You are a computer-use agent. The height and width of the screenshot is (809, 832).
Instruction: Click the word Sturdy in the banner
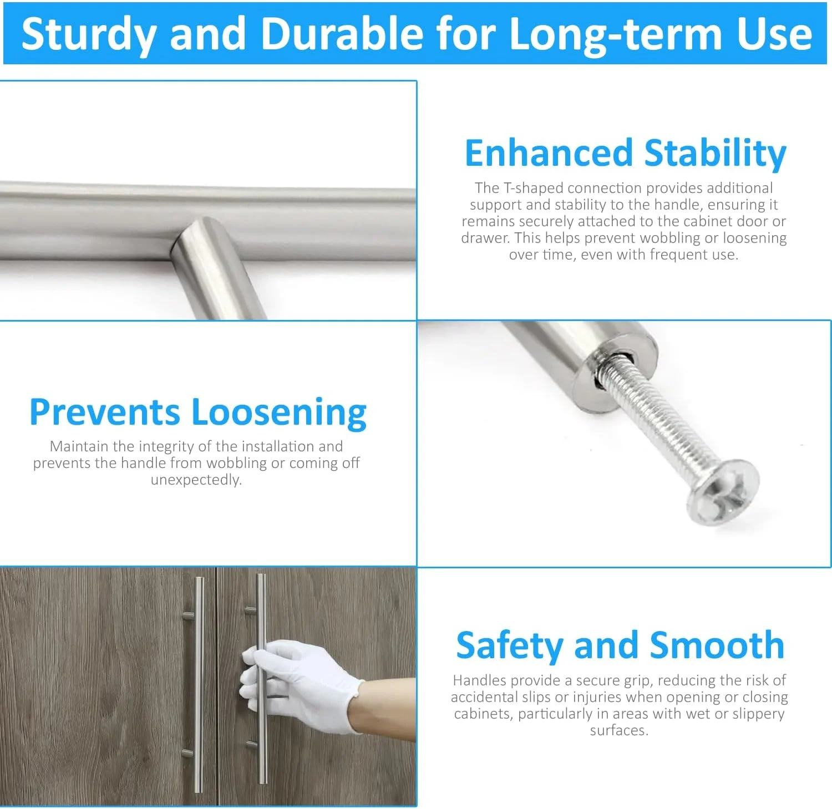(88, 35)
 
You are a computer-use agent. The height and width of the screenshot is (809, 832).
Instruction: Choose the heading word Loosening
(279, 414)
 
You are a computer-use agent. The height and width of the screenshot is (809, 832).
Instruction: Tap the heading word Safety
(509, 646)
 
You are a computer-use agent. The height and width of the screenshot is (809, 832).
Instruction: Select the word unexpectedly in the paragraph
(196, 480)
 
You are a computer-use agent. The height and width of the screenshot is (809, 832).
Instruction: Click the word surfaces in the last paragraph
(619, 730)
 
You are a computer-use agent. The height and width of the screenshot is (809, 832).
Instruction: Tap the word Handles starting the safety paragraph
(479, 680)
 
